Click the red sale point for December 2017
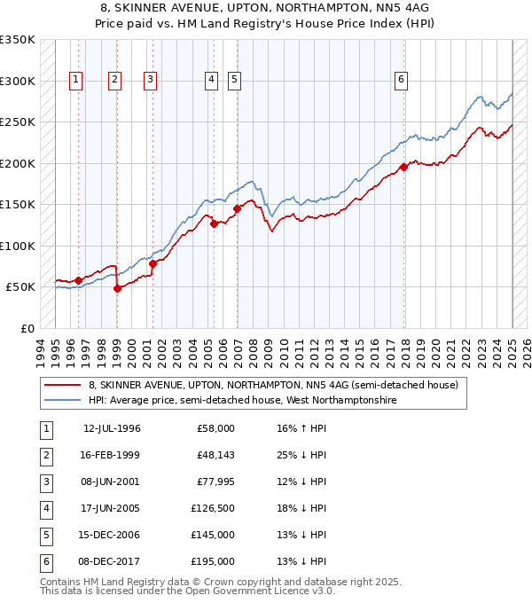403,167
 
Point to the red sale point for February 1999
117,288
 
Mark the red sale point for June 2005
214,224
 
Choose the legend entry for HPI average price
242,401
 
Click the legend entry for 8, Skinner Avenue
273,385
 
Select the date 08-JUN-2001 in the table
111,482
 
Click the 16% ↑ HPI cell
301,428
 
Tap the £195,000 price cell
213,561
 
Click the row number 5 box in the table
45,535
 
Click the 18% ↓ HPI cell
301,508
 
